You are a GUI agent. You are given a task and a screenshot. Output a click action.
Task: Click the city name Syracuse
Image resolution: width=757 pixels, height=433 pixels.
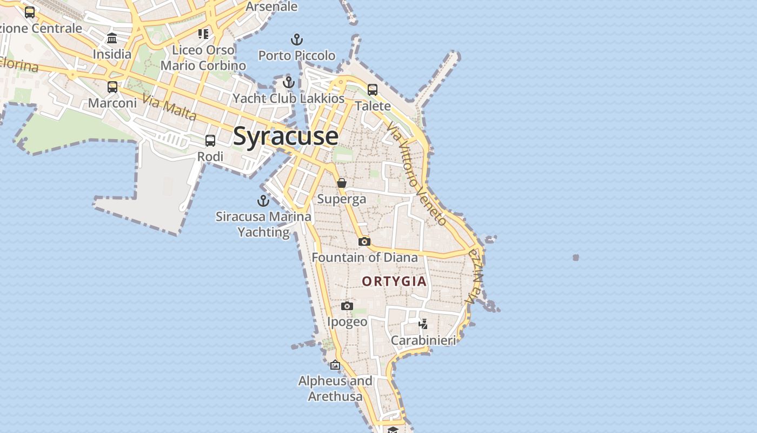coord(286,136)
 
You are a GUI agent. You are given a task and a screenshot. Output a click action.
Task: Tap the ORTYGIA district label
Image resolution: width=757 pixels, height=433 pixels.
coord(394,281)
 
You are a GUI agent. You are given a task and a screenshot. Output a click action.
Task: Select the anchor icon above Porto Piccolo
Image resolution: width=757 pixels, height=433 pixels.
coord(297,40)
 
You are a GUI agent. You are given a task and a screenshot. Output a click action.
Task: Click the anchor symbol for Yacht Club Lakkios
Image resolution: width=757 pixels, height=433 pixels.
coord(289,82)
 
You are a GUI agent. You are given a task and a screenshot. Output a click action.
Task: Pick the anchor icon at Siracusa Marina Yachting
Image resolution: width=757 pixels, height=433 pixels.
coord(263,201)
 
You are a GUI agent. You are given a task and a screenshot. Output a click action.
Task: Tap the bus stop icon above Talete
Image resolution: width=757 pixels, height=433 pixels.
coord(373,90)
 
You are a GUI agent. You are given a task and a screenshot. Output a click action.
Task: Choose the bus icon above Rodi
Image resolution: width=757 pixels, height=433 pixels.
coord(210,141)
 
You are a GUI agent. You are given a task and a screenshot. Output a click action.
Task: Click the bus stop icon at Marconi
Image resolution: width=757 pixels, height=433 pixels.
coord(112,87)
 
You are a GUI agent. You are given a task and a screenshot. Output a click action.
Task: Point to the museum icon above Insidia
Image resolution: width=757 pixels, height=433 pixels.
coord(112,38)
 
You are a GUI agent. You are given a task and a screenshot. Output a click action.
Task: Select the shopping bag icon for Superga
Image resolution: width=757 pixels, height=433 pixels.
coord(342,183)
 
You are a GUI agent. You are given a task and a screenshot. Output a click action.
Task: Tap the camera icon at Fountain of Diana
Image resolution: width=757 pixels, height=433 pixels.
coord(364,241)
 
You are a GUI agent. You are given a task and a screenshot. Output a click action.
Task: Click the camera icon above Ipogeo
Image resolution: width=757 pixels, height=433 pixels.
coord(347,306)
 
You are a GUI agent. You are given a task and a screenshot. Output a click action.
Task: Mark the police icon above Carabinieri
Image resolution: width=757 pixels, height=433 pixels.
coord(423,324)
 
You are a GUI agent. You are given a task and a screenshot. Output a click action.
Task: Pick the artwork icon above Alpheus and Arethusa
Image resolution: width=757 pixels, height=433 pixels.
coord(335,365)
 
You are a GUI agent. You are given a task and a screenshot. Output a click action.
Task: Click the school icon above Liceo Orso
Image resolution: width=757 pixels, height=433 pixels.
coord(203,34)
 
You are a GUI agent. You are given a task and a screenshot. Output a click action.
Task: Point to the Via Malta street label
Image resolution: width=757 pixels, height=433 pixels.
coord(169,107)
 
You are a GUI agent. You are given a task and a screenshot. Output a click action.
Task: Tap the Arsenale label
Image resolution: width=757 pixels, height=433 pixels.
coord(271,6)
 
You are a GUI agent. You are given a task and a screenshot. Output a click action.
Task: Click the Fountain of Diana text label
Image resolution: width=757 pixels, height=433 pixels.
coord(364,258)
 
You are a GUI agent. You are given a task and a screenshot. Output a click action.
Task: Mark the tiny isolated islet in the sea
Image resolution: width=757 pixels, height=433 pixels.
coord(576,258)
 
